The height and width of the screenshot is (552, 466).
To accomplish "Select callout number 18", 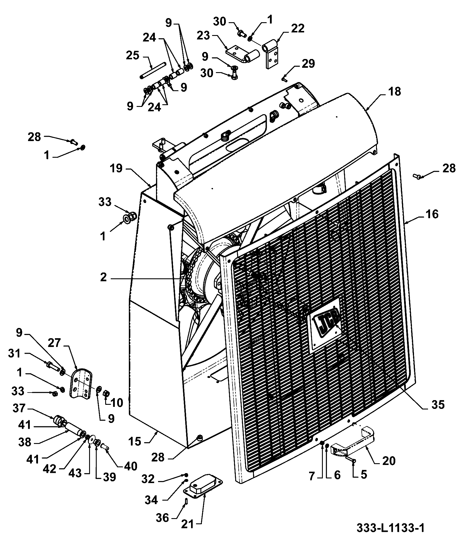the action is tap(395, 91).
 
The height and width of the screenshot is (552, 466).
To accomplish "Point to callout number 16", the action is tap(432, 214).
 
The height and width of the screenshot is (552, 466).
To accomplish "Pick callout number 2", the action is tap(103, 277).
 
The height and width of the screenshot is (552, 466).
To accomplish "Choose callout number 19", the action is tap(116, 169).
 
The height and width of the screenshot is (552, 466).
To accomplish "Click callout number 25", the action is tap(133, 55).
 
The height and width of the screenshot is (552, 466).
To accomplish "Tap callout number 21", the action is tap(188, 524).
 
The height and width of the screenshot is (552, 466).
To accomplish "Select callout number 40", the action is tap(130, 466).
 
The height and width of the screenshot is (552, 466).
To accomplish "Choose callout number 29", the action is tap(308, 63).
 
